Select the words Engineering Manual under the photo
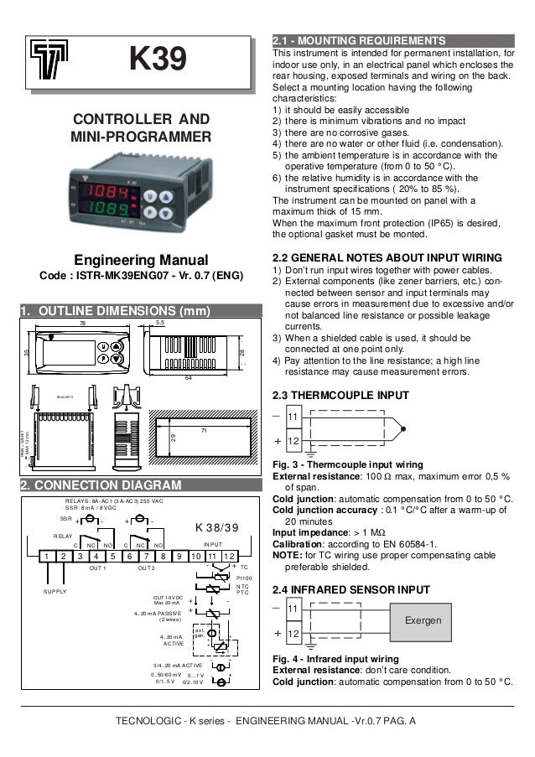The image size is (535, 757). click(140, 260)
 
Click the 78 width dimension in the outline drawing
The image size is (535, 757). click(82, 323)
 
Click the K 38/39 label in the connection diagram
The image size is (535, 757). click(216, 527)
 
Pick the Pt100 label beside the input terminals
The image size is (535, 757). click(244, 578)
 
